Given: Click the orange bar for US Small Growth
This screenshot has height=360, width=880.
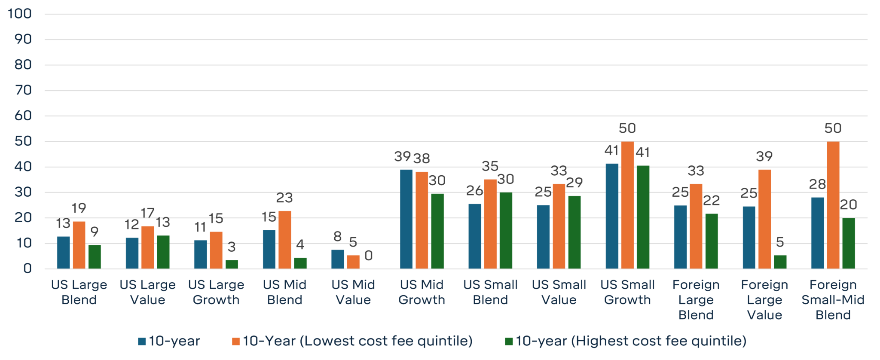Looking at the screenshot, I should click(627, 205).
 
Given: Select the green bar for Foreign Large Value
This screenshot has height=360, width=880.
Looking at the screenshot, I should click(780, 262).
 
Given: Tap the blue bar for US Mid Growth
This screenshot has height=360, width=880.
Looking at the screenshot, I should click(406, 219).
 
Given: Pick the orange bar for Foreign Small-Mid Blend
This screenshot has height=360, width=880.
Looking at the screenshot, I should click(833, 205).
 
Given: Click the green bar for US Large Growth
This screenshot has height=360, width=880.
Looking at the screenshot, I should click(232, 264).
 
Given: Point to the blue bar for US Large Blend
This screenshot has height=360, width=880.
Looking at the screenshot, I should click(63, 253).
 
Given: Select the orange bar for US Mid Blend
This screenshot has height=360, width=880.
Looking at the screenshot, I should click(284, 240).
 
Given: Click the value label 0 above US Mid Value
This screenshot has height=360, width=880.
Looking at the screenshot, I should click(368, 256).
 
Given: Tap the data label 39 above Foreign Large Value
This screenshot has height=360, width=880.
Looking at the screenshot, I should click(764, 156).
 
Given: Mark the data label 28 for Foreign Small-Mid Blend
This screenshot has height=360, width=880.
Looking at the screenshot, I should click(817, 184).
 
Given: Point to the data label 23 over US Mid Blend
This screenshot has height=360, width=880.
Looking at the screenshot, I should click(284, 198).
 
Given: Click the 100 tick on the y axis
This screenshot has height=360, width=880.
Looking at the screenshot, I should click(20, 14).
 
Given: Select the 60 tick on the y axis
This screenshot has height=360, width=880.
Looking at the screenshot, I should click(23, 116).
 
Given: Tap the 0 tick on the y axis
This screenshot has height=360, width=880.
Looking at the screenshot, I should click(27, 268).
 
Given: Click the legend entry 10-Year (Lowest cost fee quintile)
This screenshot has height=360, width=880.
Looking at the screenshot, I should click(357, 341).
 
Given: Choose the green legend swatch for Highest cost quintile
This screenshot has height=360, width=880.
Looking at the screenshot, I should click(509, 342).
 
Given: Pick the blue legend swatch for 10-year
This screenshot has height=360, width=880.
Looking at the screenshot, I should click(142, 342).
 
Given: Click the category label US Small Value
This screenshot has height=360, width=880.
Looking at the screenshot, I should click(559, 292).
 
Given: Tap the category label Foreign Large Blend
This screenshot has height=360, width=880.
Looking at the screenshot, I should click(696, 299).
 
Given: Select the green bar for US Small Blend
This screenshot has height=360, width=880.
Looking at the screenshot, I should click(506, 231).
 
